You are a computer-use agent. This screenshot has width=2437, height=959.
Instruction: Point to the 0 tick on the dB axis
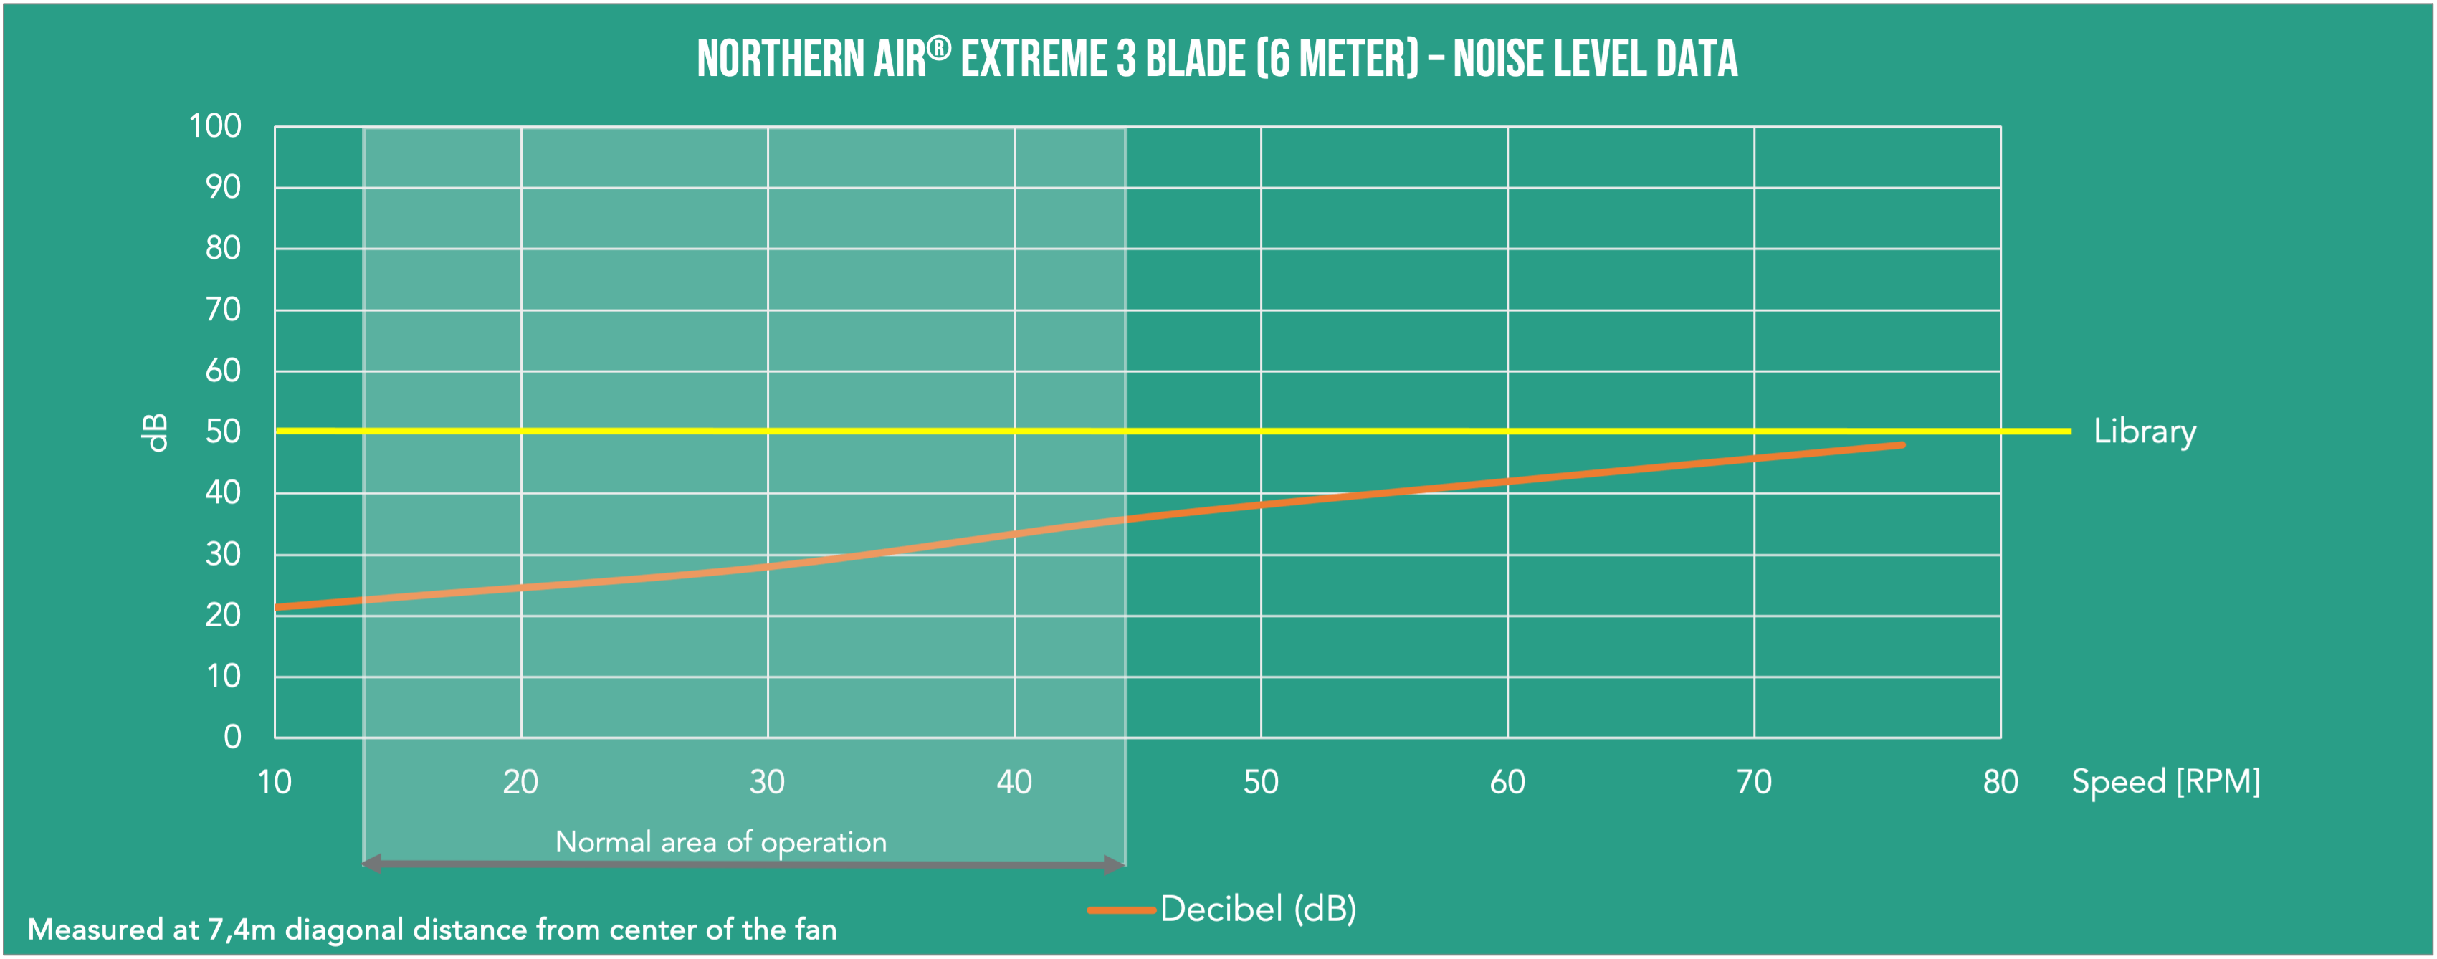[x=232, y=737]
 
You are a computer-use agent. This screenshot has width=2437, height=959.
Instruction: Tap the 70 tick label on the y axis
[x=223, y=309]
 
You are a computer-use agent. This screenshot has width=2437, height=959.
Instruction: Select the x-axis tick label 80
[x=2000, y=782]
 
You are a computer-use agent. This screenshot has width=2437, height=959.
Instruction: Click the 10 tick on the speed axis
[x=275, y=782]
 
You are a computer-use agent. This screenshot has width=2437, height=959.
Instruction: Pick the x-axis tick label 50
[x=1260, y=782]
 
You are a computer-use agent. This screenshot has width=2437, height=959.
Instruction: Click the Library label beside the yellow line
[x=2144, y=431]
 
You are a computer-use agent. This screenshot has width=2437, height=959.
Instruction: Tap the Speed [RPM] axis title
[x=2165, y=782]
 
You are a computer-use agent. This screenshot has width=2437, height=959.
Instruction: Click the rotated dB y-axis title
[x=154, y=432]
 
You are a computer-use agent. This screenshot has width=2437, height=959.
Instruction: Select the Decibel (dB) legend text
[x=1258, y=909]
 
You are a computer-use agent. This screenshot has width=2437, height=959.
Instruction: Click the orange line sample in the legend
[x=1121, y=910]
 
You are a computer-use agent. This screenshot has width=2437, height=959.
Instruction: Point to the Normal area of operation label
[x=721, y=841]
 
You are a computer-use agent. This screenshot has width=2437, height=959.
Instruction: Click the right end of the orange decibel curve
[x=1902, y=444]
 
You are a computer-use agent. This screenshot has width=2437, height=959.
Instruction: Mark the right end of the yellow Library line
[x=2068, y=431]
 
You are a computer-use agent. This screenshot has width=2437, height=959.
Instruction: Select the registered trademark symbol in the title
[x=938, y=47]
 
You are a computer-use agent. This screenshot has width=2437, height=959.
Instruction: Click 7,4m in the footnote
[x=242, y=930]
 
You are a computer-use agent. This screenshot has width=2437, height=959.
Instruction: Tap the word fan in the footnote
[x=816, y=930]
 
